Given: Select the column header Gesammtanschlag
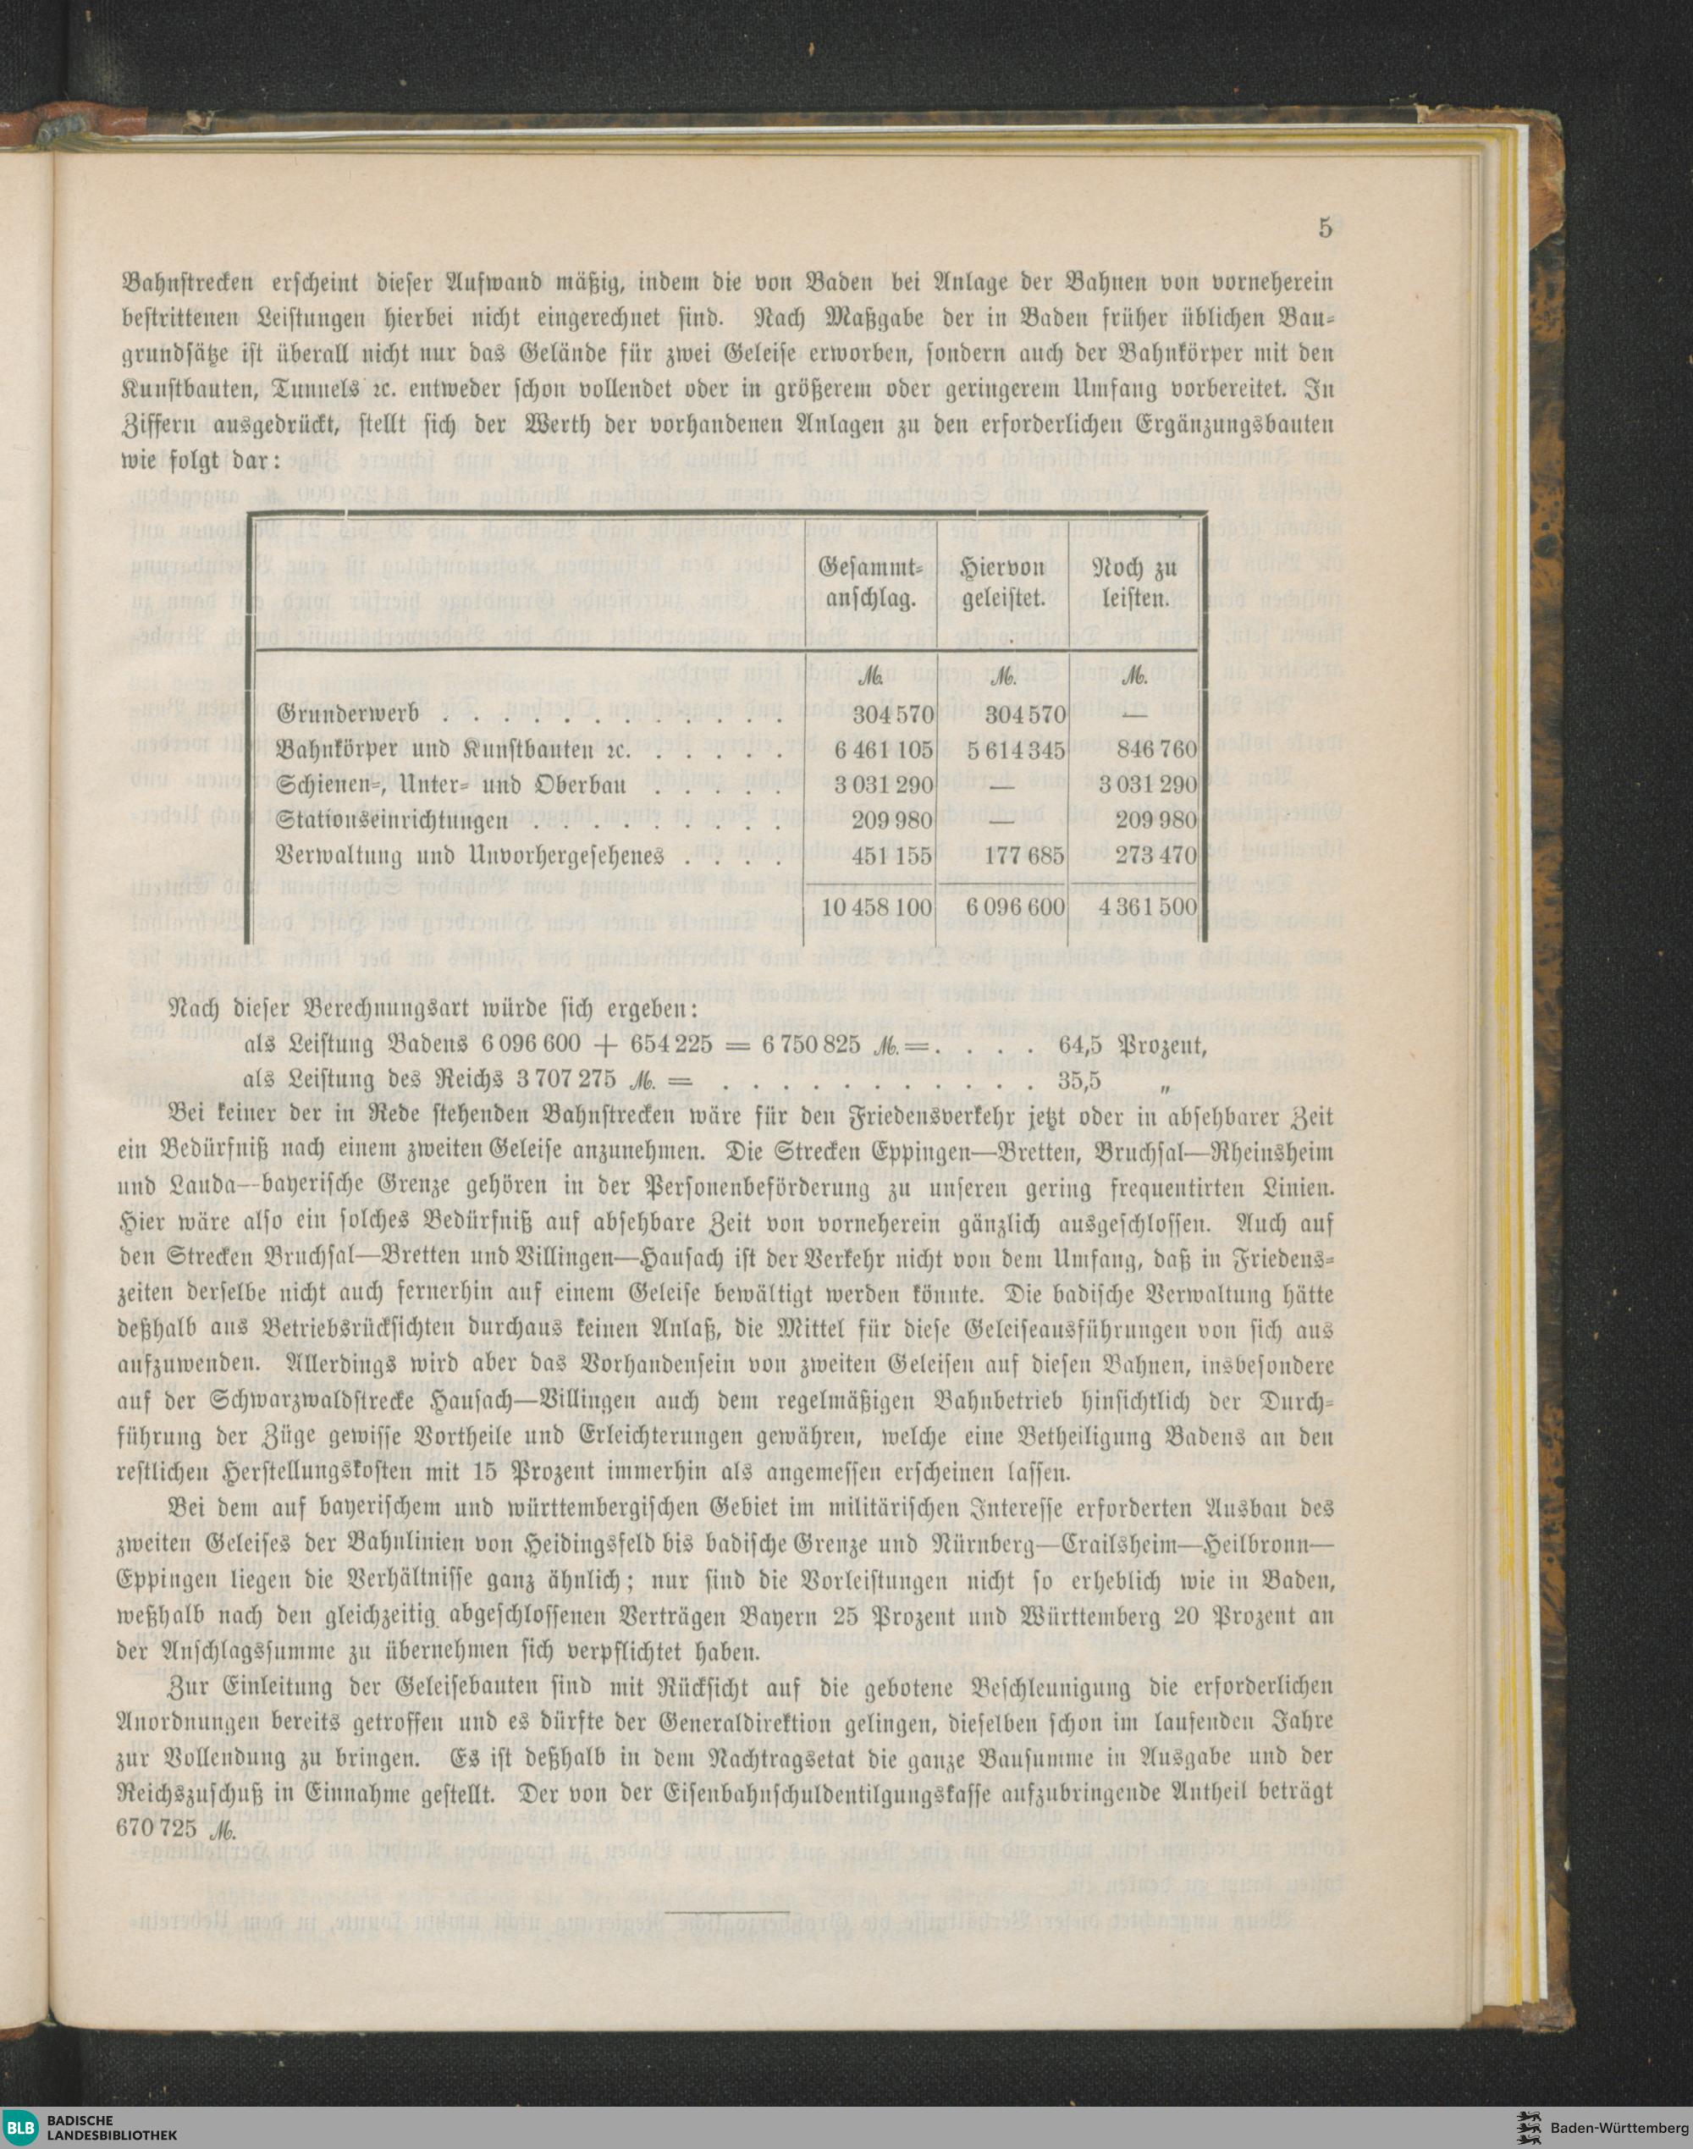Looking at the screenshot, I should (871, 583).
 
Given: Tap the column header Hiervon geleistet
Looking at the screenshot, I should (1003, 583).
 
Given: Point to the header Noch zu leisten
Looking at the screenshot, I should (1133, 583).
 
